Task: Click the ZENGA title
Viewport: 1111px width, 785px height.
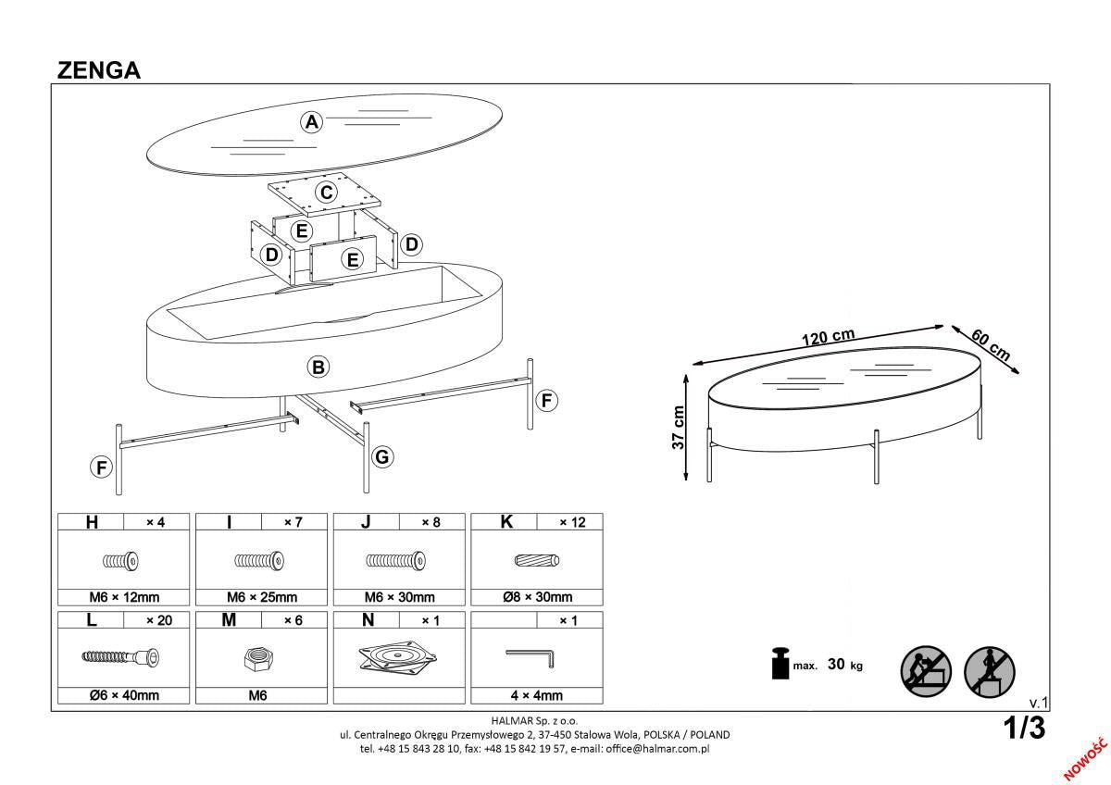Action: pos(99,70)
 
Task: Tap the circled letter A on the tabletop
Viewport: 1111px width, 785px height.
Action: pos(312,122)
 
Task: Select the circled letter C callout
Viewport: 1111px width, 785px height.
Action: pos(326,193)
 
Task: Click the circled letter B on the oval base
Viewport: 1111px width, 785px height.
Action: pos(318,368)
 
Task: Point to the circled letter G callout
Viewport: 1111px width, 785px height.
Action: pos(381,456)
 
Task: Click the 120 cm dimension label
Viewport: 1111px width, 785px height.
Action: pos(827,337)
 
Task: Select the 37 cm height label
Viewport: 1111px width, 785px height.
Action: pos(678,428)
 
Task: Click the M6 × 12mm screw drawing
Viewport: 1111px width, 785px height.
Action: pos(121,561)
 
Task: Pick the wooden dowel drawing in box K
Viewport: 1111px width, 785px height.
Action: pos(537,561)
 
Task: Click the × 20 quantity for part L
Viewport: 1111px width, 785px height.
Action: pos(158,620)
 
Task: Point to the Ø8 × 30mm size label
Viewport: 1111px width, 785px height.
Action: pos(537,597)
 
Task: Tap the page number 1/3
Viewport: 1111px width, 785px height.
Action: pos(1024,729)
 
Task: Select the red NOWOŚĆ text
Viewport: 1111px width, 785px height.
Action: pos(1086,757)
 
